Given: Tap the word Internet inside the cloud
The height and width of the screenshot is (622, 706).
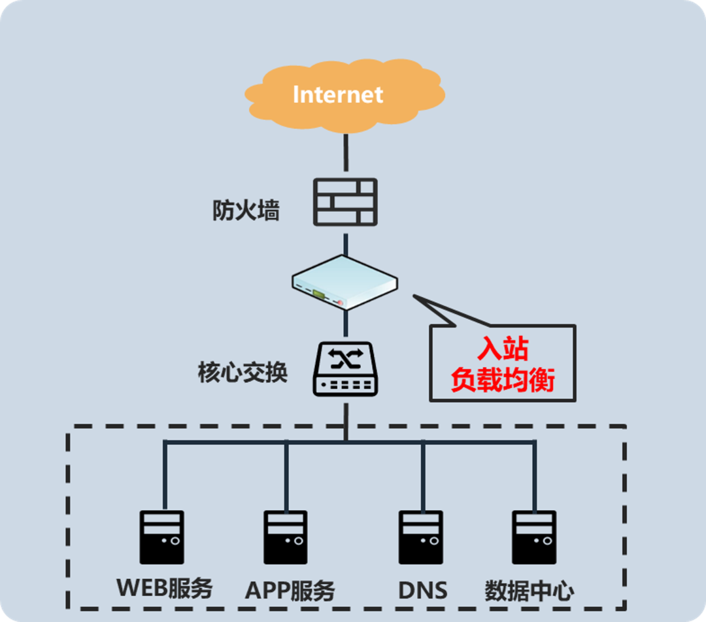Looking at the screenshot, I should coord(337,94).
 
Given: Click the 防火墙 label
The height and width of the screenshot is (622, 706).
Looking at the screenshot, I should coord(246,211).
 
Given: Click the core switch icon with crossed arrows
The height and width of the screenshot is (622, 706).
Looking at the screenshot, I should coord(345,369).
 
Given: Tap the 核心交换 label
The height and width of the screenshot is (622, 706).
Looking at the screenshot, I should coord(243,373).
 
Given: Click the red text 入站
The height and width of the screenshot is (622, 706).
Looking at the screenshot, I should coord(502,349).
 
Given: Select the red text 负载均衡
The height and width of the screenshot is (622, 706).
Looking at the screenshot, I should coord(502,379).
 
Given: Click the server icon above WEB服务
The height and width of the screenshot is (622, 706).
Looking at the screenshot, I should coord(161,537).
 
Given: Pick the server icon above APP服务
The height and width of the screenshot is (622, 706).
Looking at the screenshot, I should coord(286,537).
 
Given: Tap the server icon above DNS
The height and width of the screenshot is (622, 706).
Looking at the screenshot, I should coord(421,537).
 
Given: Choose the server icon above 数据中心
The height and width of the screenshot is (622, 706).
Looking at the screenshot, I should coord(534,537).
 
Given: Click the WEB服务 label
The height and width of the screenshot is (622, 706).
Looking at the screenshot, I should coord(165,588).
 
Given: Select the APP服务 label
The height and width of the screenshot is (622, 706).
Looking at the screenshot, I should coord(290,591).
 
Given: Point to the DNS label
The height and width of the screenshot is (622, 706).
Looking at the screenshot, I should coord(423,591).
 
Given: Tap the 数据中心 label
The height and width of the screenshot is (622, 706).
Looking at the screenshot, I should coord(529,591).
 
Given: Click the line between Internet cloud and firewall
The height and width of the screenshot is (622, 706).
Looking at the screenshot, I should coord(346,154).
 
